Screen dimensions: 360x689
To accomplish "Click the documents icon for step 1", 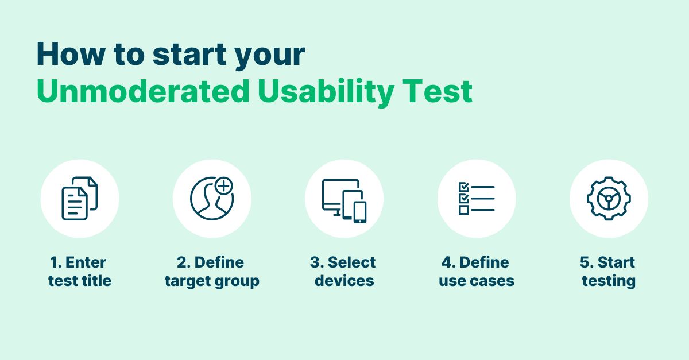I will pyautogui.click(x=79, y=199).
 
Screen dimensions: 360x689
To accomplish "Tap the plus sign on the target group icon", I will pyautogui.click(x=224, y=187).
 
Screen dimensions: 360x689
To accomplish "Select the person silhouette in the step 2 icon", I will pyautogui.click(x=209, y=204).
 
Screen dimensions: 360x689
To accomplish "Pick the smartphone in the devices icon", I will pyautogui.click(x=359, y=211).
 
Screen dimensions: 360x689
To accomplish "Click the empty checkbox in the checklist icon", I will pyautogui.click(x=463, y=210).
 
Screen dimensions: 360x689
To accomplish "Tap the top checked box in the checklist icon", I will pyautogui.click(x=463, y=187).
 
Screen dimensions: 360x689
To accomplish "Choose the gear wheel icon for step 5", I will pyautogui.click(x=609, y=199).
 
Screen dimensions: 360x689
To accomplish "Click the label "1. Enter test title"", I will pyautogui.click(x=79, y=272).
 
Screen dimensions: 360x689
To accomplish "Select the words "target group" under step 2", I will pyautogui.click(x=212, y=281).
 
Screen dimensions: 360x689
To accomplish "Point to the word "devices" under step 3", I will pyautogui.click(x=344, y=281).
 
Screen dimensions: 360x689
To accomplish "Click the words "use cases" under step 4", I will pyautogui.click(x=477, y=281).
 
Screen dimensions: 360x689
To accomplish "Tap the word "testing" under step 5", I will pyautogui.click(x=609, y=281).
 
